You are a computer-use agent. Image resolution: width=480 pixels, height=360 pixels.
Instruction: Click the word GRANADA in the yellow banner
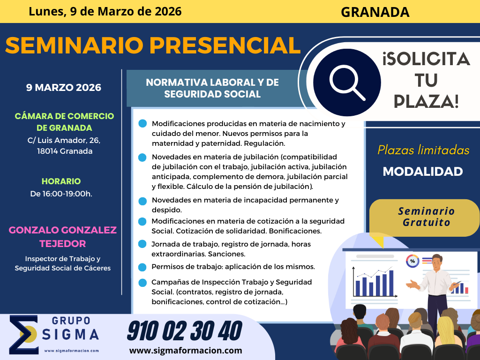(x=375, y=12)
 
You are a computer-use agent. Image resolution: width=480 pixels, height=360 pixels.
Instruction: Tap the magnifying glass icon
(x=347, y=82)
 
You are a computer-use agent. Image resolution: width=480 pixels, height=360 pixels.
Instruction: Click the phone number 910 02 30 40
(x=185, y=331)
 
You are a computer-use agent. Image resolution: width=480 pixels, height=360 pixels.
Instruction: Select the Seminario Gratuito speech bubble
(x=424, y=218)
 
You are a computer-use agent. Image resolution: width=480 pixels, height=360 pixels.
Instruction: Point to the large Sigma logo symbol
(x=24, y=335)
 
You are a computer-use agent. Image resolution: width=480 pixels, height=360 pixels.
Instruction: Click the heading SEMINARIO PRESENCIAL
(x=153, y=45)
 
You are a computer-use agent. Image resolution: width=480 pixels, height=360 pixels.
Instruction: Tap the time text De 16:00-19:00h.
(x=61, y=194)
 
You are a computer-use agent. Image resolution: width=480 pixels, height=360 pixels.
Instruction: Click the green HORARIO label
(x=61, y=181)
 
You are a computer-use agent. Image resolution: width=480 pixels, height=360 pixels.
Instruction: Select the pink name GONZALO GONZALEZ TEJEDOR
(x=63, y=237)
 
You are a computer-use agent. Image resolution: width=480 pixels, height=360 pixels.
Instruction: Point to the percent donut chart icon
(x=412, y=261)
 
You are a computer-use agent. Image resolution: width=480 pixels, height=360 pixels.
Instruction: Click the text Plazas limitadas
(x=423, y=150)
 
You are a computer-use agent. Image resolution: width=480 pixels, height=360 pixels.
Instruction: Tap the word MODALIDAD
(x=423, y=172)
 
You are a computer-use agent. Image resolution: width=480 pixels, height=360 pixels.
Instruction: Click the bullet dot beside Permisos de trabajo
(x=142, y=267)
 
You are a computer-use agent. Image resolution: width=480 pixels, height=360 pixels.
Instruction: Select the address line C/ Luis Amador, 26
(x=64, y=141)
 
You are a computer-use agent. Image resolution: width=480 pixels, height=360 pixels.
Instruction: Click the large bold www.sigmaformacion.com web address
(x=186, y=351)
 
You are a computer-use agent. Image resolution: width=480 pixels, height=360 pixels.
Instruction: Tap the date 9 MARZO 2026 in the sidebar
(x=64, y=88)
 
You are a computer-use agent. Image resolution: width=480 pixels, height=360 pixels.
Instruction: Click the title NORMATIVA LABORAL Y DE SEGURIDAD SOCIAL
(x=212, y=88)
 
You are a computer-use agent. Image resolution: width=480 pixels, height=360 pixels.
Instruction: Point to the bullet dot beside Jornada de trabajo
(x=142, y=244)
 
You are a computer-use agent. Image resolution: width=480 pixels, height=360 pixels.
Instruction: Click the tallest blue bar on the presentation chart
(x=391, y=283)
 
